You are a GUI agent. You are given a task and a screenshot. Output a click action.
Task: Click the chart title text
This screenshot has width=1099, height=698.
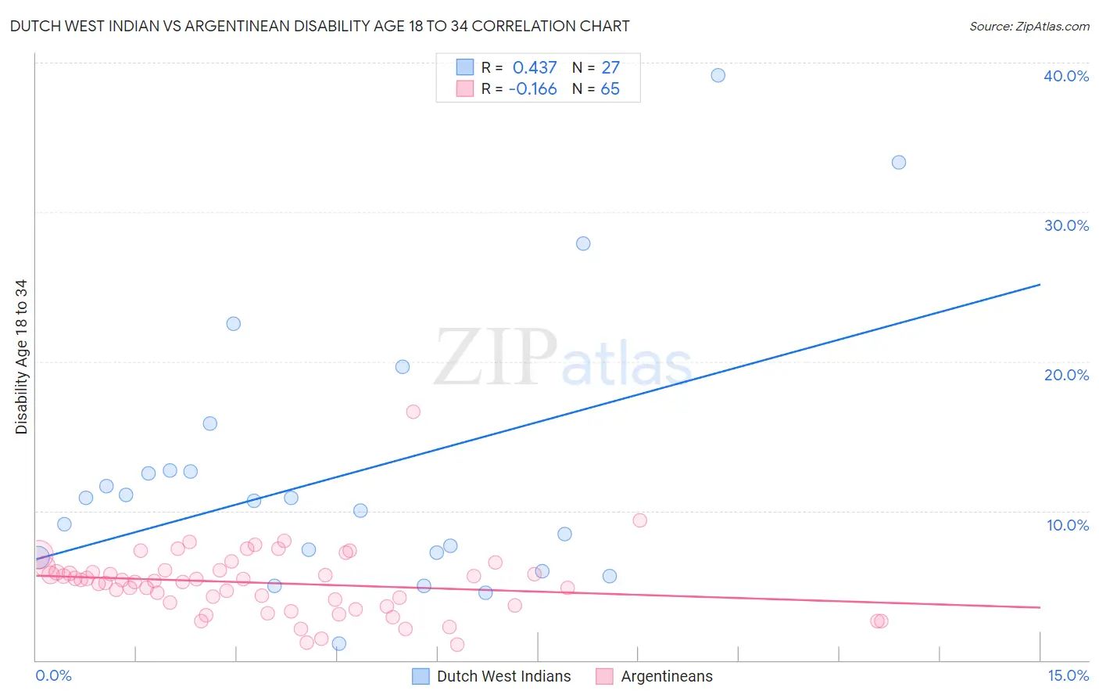pos(320,27)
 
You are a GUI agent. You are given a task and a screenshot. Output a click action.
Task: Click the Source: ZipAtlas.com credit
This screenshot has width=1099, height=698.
pos(1029,27)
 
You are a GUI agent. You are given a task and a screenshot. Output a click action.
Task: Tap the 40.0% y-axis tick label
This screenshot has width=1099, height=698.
pos(1065,76)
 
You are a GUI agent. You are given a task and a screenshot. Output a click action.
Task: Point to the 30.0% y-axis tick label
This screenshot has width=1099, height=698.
pos(1065,225)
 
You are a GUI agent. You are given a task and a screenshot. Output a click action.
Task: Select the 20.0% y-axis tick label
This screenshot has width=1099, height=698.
pos(1065,375)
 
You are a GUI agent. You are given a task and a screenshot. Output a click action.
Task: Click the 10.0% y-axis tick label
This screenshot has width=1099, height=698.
pos(1067,525)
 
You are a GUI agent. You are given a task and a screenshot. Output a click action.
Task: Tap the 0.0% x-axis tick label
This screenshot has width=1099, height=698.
pos(53,675)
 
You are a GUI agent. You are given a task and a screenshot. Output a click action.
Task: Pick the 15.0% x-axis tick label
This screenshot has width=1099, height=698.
pos(1067,675)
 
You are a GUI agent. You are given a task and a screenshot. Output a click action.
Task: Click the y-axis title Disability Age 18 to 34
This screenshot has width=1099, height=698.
pos(21,357)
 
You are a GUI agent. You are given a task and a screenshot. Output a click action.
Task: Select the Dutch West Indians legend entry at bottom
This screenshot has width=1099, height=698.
pos(503,676)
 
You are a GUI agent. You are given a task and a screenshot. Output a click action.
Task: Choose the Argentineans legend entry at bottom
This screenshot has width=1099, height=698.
pos(666,676)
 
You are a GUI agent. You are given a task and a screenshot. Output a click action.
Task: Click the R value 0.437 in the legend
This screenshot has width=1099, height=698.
pos(535,68)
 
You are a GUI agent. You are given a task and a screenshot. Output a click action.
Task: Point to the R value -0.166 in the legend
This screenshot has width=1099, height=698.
pos(532,89)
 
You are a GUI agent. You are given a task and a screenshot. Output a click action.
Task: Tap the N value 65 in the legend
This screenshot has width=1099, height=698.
pos(610,89)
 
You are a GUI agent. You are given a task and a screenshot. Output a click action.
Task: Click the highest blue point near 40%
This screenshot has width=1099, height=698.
pos(718,75)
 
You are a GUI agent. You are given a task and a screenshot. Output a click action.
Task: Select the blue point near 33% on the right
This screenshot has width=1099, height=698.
pos(899,162)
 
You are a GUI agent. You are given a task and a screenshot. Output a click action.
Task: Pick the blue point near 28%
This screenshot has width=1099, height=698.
pos(583,243)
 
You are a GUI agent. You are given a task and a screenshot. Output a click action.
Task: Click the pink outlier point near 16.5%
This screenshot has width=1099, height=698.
pos(413,412)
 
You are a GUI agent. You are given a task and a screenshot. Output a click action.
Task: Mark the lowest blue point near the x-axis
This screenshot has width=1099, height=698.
pos(339,643)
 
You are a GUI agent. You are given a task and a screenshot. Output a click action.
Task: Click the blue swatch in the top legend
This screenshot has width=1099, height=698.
pos(465,67)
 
